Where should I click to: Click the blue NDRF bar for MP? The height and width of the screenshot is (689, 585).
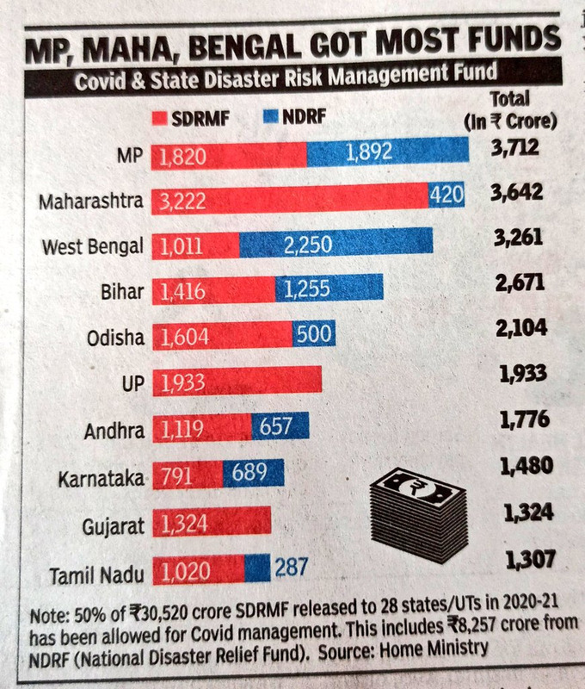(x=387, y=152)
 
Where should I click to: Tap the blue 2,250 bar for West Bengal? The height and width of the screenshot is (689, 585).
(x=336, y=244)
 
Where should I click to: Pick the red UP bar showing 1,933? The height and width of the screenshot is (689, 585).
(x=237, y=380)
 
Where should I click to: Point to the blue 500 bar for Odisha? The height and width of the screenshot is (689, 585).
(x=313, y=335)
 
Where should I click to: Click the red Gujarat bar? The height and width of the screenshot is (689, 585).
(x=212, y=521)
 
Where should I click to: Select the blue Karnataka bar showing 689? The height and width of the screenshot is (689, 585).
(x=253, y=473)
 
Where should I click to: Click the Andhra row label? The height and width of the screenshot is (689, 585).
(x=114, y=428)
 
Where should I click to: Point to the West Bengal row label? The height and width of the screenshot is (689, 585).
(x=93, y=246)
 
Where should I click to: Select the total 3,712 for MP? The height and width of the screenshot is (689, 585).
(x=514, y=148)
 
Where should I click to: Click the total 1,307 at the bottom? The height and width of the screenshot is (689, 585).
(x=527, y=560)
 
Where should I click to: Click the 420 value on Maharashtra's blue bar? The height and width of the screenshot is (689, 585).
(x=446, y=197)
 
